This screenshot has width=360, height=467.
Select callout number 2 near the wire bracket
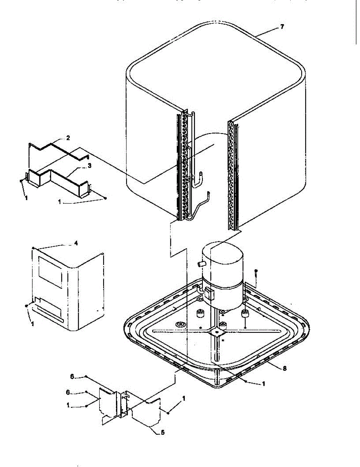click(x=68, y=138)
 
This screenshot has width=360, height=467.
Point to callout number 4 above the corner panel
click(x=76, y=243)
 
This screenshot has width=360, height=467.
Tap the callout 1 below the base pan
click(x=263, y=383)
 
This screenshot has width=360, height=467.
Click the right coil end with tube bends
click(x=233, y=175)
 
